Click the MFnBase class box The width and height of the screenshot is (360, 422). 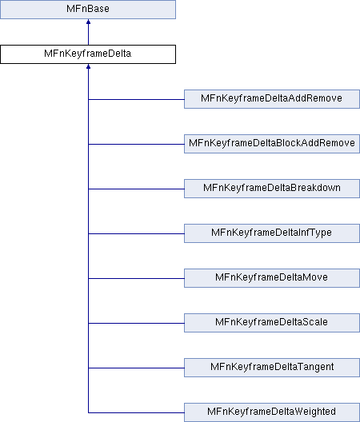point(88,10)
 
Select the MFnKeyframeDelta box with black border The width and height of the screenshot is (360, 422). point(88,54)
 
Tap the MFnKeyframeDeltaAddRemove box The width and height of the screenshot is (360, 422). point(272,99)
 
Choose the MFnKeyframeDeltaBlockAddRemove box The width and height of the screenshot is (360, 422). point(272,144)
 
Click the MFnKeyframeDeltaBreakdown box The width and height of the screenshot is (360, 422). point(272,189)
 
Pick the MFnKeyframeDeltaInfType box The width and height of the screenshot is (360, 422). point(272,233)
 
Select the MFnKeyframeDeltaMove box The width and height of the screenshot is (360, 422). point(272,278)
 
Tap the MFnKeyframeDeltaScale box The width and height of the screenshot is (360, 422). point(272,323)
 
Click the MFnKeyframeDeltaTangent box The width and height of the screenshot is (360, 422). point(272,368)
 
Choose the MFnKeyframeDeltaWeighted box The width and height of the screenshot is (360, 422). point(272,412)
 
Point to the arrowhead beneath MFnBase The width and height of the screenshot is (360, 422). point(88,22)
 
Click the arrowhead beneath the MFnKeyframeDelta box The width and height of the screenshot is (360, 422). point(88,66)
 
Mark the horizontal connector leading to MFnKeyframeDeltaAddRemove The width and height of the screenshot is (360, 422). point(136,99)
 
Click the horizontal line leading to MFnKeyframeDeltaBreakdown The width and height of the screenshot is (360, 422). point(136,189)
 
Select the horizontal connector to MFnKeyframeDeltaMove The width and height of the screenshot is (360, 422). point(136,279)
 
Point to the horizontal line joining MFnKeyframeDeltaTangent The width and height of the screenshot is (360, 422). point(136,368)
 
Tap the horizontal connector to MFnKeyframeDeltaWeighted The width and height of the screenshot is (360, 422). point(136,412)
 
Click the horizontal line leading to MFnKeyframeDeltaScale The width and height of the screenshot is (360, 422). point(136,323)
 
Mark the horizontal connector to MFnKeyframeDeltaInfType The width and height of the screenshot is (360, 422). point(136,233)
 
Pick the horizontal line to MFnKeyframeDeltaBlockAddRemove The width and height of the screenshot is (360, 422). point(136,144)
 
